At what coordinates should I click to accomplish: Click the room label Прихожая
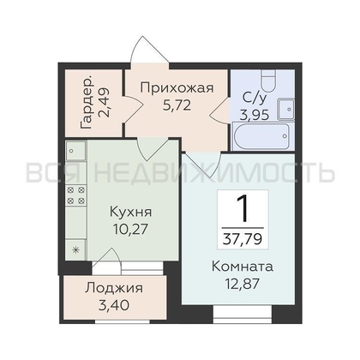coord(177,87)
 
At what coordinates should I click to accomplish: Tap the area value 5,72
coord(177,105)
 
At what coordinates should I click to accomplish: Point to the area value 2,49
coord(103,103)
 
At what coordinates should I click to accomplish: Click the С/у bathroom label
coord(255,98)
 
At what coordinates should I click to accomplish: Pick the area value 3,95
coord(255,115)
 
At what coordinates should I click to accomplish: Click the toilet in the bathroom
coord(268,79)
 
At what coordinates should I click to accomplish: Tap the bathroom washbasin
coord(286,109)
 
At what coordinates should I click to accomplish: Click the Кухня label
coord(131,212)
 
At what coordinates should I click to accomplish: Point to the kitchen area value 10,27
coord(131,229)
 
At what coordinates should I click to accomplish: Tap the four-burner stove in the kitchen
coord(75,195)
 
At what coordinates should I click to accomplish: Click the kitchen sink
coord(75,150)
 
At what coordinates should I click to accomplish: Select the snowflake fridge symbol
coord(75,250)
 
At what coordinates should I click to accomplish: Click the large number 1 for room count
coord(243,209)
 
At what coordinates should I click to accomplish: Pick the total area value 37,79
coord(243,239)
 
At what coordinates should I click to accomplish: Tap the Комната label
coord(243,267)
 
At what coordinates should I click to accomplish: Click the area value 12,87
coord(243,284)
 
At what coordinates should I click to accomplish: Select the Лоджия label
coord(114,289)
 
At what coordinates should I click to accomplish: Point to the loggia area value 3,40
coord(114,305)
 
